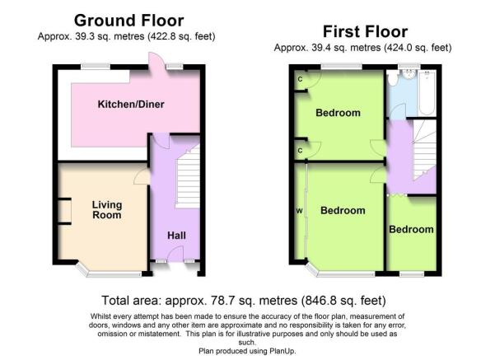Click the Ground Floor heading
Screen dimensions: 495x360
pyautogui.click(x=128, y=21)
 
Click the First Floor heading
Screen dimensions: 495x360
pyautogui.click(x=365, y=32)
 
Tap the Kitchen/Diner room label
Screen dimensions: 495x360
pyautogui.click(x=131, y=104)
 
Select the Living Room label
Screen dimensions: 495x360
pyautogui.click(x=107, y=210)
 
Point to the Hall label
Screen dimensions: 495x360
pyautogui.click(x=176, y=236)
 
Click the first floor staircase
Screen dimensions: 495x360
pyautogui.click(x=424, y=150)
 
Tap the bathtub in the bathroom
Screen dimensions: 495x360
pyautogui.click(x=427, y=93)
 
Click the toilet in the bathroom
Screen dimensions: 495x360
pyautogui.click(x=393, y=78)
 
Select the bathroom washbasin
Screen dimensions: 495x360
pyautogui.click(x=409, y=73)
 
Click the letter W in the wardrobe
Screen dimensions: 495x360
pyautogui.click(x=300, y=211)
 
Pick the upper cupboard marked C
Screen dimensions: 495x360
pyautogui.click(x=301, y=80)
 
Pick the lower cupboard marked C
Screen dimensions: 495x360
pyautogui.click(x=301, y=150)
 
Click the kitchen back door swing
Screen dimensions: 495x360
pyautogui.click(x=156, y=61)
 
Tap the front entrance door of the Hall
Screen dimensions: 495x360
pyautogui.click(x=175, y=255)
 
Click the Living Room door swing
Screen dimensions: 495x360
pyautogui.click(x=142, y=176)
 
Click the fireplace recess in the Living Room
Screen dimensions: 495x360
pyautogui.click(x=64, y=211)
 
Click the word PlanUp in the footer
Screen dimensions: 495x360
pyautogui.click(x=282, y=351)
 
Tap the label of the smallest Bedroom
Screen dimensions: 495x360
pyautogui.click(x=411, y=229)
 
